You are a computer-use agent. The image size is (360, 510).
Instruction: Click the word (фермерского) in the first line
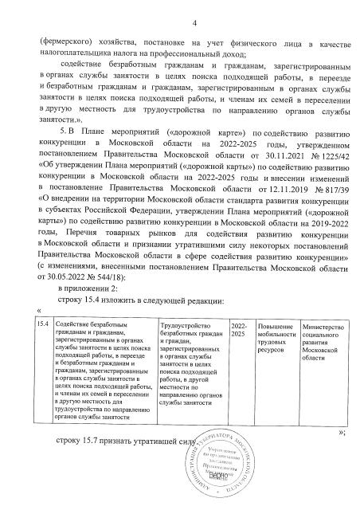point(66,37)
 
